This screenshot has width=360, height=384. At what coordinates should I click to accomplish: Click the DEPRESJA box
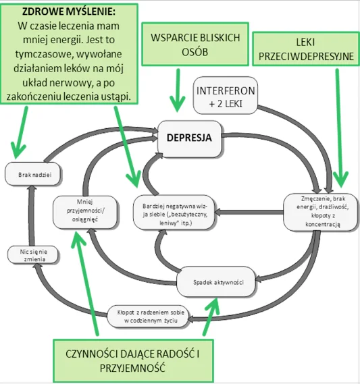[189, 138]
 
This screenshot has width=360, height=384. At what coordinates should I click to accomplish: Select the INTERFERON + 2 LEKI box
[225, 95]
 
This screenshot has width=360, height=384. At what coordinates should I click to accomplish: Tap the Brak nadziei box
[32, 174]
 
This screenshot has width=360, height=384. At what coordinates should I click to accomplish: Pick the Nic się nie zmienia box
[33, 255]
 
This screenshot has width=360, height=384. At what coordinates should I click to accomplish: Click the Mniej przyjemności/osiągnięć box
[85, 212]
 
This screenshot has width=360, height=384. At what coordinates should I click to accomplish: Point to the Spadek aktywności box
[216, 281]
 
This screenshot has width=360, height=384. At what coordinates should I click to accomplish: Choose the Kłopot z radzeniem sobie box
[148, 316]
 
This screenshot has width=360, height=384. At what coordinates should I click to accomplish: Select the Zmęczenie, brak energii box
[320, 212]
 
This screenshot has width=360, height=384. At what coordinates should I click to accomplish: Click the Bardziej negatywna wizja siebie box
[174, 212]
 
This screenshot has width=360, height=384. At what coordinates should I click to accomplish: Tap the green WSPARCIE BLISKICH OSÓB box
[195, 44]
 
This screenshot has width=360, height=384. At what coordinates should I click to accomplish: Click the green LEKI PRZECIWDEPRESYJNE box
[306, 49]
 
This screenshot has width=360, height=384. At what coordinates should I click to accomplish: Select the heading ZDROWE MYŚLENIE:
[69, 11]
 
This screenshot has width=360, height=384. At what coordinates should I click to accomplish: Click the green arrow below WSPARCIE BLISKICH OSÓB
[178, 90]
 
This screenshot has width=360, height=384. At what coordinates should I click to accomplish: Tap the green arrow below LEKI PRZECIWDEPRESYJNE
[340, 128]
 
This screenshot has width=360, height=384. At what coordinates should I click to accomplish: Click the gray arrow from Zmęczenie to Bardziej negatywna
[249, 212]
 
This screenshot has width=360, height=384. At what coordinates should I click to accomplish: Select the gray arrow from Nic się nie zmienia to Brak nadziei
[31, 215]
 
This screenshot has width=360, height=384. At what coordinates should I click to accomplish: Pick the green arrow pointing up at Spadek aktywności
[211, 316]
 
